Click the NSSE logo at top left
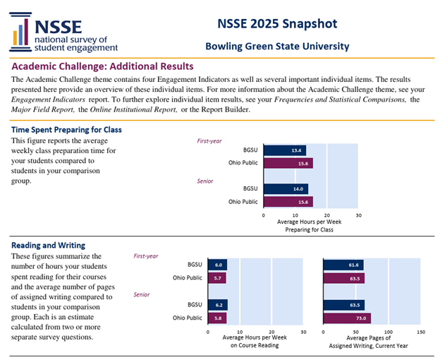[x=64, y=32]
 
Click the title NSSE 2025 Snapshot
[x=276, y=24]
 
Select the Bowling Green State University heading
[x=276, y=47]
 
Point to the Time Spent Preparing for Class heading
[x=66, y=130]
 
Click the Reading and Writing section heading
[x=48, y=245]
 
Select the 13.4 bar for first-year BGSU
[x=284, y=150]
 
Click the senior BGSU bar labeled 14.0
[x=285, y=189]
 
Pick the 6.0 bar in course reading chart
[x=217, y=265]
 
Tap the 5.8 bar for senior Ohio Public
[x=216, y=318]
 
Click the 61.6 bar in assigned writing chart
[x=343, y=265]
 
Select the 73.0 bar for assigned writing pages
[x=347, y=318]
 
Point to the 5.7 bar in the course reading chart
[x=216, y=278]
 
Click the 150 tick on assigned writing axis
[x=420, y=331]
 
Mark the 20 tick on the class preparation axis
[x=326, y=215]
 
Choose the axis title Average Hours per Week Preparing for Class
[x=311, y=225]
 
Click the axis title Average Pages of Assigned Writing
[x=372, y=342]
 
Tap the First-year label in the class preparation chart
[x=209, y=140]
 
